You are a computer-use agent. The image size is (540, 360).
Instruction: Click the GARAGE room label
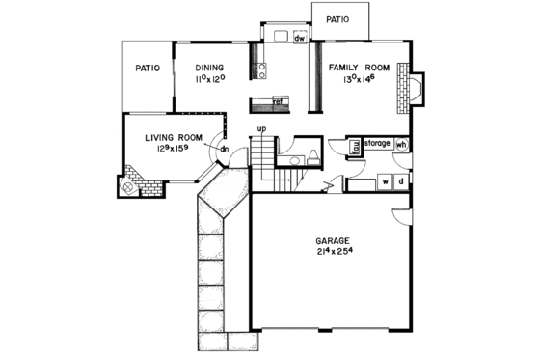click(x=331, y=239)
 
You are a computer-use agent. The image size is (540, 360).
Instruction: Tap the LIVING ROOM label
click(x=172, y=138)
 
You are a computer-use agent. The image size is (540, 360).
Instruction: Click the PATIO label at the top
click(x=337, y=17)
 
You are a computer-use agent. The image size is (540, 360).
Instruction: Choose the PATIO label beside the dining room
click(x=147, y=69)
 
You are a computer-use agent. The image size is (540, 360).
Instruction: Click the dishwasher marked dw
click(x=300, y=39)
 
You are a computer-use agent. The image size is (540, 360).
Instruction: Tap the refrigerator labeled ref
click(x=277, y=101)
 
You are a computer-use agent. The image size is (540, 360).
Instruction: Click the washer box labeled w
click(x=385, y=180)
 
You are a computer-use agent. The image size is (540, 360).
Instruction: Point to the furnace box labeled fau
click(x=354, y=147)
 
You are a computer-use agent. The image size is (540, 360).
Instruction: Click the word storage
click(x=377, y=143)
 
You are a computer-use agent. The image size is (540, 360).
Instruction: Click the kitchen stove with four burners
click(x=259, y=69)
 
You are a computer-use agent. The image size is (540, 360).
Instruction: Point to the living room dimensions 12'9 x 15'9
click(x=172, y=150)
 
